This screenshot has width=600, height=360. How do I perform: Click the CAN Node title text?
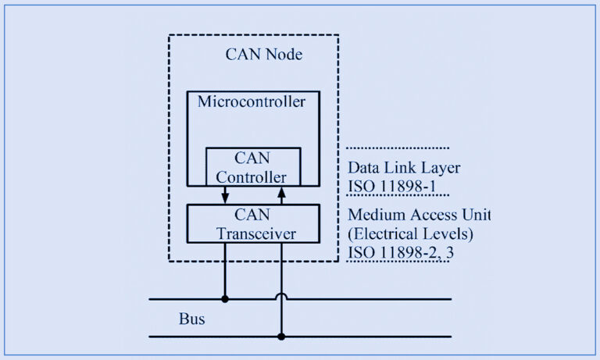(263, 55)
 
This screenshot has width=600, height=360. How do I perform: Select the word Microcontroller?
(251, 102)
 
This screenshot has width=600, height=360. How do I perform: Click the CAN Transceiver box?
(253, 223)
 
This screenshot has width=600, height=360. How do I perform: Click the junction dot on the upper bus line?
(225, 298)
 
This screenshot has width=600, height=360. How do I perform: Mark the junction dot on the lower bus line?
(281, 337)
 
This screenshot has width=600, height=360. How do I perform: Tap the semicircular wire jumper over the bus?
(281, 297)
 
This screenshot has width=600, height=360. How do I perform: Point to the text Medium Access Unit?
(420, 215)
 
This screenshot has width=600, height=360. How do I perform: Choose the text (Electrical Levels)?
(411, 233)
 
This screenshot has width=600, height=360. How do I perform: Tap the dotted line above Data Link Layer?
(397, 148)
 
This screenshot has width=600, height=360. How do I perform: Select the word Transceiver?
(253, 233)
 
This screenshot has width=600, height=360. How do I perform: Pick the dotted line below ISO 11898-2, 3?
(397, 262)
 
